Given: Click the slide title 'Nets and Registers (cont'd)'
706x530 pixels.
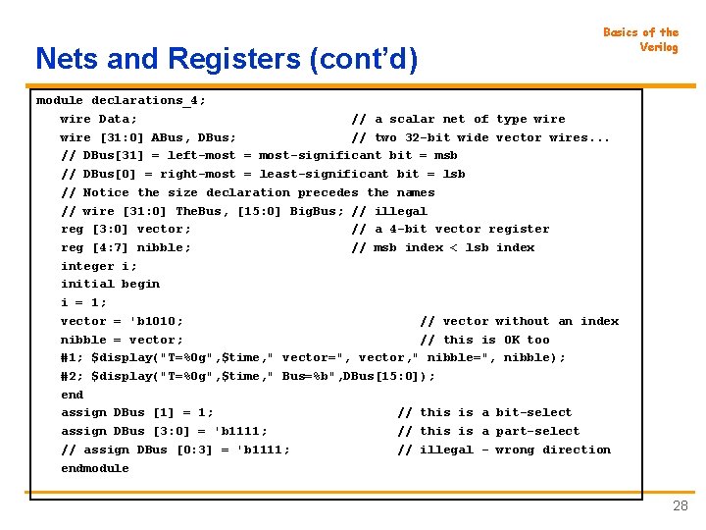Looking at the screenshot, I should (226, 60).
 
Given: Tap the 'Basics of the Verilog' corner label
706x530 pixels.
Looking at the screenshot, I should (640, 39).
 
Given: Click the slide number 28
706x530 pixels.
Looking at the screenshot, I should (680, 506).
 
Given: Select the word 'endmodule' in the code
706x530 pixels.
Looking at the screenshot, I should (95, 468).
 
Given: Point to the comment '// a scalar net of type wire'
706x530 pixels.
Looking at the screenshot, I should (458, 119).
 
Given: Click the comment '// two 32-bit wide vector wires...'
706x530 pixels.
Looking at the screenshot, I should (480, 137).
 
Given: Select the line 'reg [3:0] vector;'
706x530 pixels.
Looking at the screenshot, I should (126, 229).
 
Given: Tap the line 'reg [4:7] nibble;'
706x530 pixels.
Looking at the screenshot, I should (126, 247).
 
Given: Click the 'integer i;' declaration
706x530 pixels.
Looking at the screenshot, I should (99, 266).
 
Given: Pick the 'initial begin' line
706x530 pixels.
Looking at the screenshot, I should (110, 284).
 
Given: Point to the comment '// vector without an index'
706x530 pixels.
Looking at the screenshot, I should (519, 321).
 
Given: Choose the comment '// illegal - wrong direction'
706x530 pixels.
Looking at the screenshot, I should (503, 450).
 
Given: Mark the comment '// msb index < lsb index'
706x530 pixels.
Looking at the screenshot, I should (442, 247).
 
